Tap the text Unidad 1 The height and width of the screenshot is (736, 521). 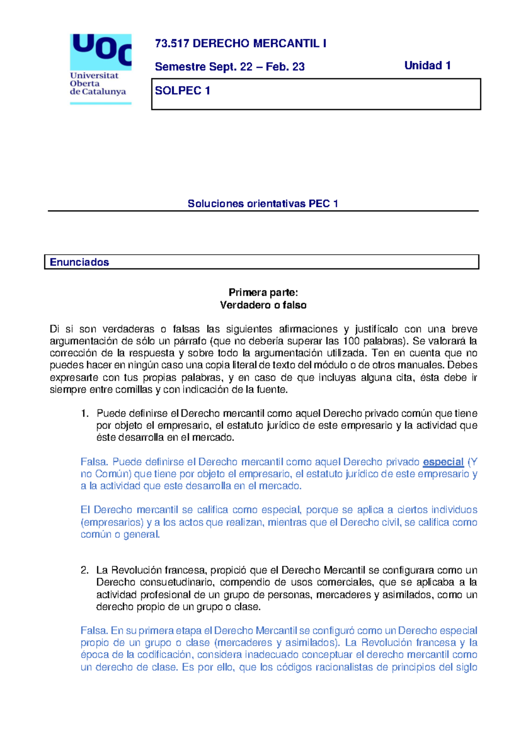tap(427, 66)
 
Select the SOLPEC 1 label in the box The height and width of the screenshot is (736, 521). tap(182, 91)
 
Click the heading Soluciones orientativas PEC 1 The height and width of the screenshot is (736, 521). tap(263, 204)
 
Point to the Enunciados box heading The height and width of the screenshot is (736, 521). tap(79, 262)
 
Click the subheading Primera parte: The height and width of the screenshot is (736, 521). tap(263, 292)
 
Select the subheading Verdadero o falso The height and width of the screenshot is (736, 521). tap(263, 305)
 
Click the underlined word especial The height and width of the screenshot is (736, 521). tap(443, 462)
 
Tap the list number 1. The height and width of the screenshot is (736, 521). tap(85, 414)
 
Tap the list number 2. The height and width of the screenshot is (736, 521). tap(85, 570)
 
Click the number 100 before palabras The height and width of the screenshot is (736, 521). tap(351, 341)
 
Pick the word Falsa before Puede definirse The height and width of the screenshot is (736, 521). tap(94, 462)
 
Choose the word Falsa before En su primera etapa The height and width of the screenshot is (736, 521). tap(94, 631)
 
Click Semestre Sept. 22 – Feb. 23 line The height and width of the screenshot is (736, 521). tap(230, 67)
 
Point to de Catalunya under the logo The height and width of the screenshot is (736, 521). tap(98, 92)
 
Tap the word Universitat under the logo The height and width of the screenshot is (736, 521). tap(94, 76)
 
